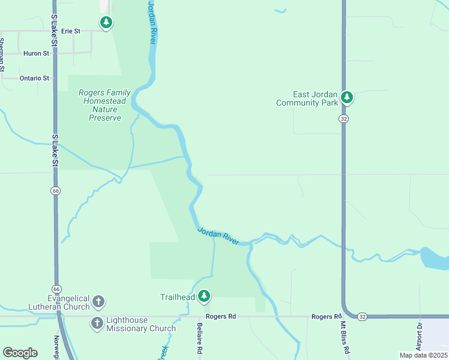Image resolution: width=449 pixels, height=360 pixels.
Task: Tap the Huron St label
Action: tap(36, 53)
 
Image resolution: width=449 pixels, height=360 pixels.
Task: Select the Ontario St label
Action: tap(34, 78)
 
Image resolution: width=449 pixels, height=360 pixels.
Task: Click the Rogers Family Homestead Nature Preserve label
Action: tap(105, 105)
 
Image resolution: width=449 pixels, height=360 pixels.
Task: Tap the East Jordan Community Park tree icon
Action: tap(346, 96)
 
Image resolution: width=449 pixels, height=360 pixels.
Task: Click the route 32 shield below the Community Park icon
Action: tap(343, 119)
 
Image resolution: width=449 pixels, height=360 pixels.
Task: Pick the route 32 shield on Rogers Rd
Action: tap(362, 316)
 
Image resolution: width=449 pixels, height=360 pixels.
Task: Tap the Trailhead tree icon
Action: tap(205, 295)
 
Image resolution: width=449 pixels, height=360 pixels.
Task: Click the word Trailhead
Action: tap(178, 297)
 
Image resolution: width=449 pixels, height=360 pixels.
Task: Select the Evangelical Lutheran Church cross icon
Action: tap(98, 301)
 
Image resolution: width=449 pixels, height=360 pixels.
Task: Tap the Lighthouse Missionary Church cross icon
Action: tap(97, 324)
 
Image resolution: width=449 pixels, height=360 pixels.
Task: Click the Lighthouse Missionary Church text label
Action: tap(141, 325)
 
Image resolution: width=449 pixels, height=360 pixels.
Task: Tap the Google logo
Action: tap(20, 353)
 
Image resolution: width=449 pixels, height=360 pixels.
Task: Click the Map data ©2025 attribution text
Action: tap(423, 355)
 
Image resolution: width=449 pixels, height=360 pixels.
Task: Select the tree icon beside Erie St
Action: tap(106, 23)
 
